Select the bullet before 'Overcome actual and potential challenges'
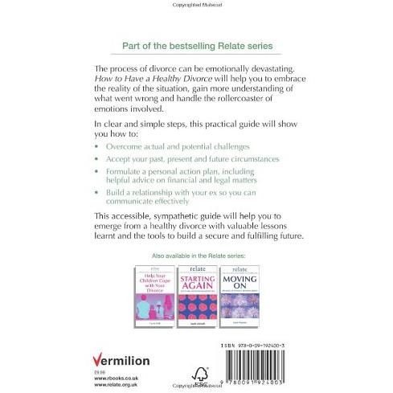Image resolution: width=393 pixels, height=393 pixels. pos(98,148)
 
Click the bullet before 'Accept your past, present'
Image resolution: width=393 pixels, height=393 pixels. pos(98,160)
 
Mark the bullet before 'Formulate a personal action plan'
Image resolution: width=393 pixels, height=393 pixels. pos(98,172)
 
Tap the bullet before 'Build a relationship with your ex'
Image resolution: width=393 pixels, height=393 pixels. pos(98,194)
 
